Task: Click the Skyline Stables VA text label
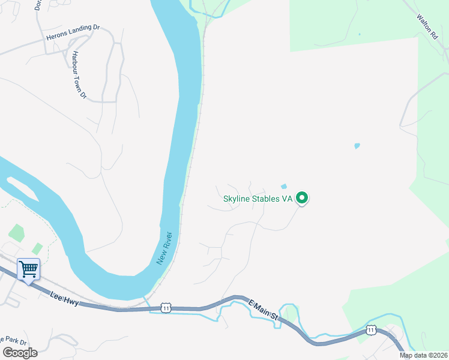258,199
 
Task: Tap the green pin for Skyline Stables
303,197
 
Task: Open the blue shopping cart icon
28,269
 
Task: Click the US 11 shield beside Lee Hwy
166,308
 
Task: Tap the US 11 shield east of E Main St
371,330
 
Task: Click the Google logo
20,352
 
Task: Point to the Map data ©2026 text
424,355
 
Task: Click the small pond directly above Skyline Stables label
284,186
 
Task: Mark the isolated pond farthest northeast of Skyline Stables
357,146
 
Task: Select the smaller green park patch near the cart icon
38,248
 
